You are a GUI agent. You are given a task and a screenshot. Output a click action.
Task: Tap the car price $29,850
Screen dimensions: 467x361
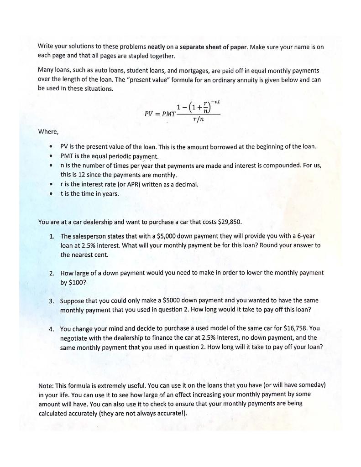[226, 222]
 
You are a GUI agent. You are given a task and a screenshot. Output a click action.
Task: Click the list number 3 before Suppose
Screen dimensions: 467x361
[52, 301]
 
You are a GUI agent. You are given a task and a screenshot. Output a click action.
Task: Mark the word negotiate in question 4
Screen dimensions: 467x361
[74, 338]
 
